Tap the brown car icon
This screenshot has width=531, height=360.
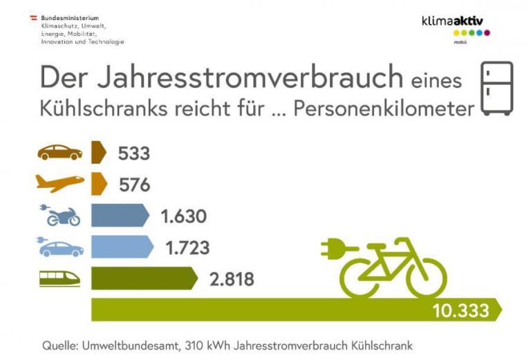[x=59, y=152]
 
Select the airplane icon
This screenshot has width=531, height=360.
[x=59, y=184]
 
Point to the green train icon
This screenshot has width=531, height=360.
[x=59, y=278]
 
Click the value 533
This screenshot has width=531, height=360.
[x=133, y=153]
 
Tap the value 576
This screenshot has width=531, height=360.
[x=133, y=184]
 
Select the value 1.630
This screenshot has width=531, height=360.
[x=183, y=216]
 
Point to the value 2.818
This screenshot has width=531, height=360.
[x=231, y=279]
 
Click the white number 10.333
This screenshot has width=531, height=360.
[x=460, y=311]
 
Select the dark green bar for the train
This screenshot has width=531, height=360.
[x=142, y=278]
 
